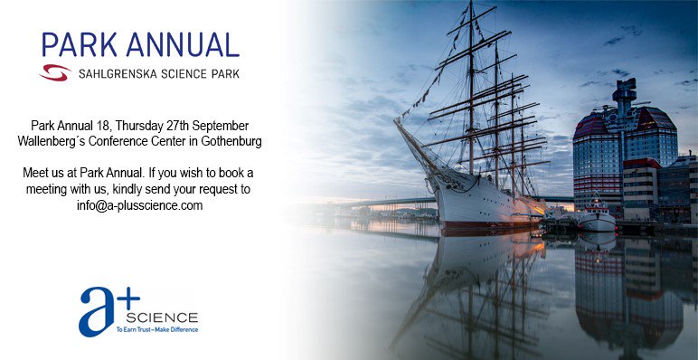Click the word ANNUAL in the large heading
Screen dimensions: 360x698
pyautogui.click(x=180, y=44)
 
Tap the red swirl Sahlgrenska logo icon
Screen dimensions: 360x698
pyautogui.click(x=55, y=71)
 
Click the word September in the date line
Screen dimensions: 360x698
pyautogui.click(x=217, y=125)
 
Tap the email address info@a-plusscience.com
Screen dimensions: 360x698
pyautogui.click(x=140, y=205)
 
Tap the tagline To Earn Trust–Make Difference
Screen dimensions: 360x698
pyautogui.click(x=156, y=330)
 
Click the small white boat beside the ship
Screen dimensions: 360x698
pyautogui.click(x=596, y=219)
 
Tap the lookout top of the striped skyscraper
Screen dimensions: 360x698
pyautogui.click(x=624, y=91)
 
